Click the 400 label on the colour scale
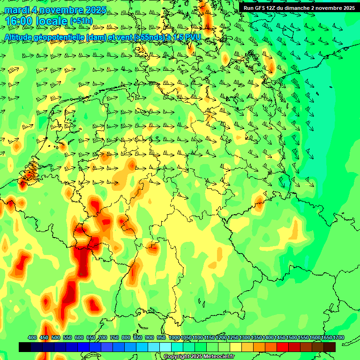32,337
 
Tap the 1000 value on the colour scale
174,337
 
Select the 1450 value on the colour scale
280,337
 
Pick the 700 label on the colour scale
103,337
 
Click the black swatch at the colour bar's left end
25,347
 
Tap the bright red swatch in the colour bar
283,347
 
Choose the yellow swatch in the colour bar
236,347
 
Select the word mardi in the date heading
17,10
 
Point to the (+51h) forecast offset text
81,21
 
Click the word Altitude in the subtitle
20,37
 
